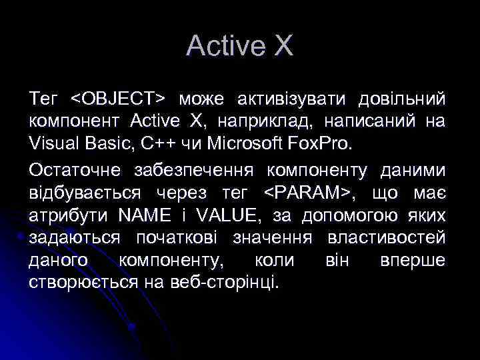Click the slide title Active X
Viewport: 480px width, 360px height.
(x=239, y=46)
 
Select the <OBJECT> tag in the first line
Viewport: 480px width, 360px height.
(x=118, y=99)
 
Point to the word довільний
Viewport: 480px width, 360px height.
(x=402, y=99)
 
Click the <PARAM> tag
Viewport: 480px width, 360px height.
(x=308, y=193)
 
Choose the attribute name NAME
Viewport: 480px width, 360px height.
(x=141, y=215)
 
